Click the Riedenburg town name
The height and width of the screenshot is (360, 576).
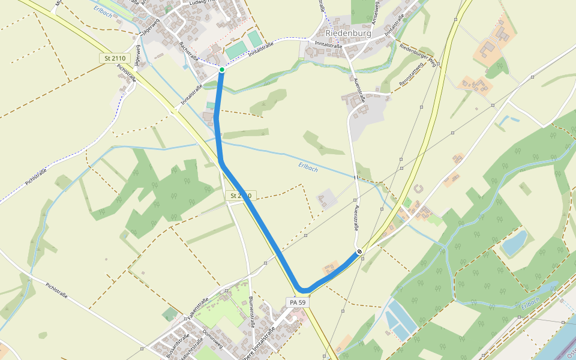(x=348, y=34)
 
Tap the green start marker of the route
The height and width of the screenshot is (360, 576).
(x=222, y=70)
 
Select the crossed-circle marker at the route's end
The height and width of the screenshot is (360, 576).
(x=359, y=251)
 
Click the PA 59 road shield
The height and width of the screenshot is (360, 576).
(x=298, y=302)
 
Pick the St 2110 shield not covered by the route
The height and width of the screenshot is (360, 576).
(x=114, y=58)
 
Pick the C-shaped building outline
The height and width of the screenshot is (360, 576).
(x=418, y=189)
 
